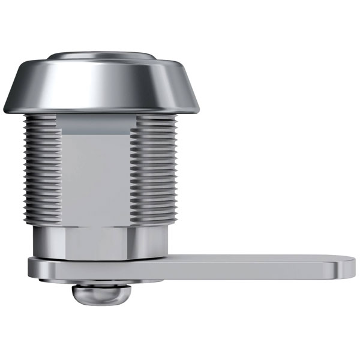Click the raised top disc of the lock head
[102, 56]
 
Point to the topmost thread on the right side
[157, 119]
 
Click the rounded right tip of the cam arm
[348, 267]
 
